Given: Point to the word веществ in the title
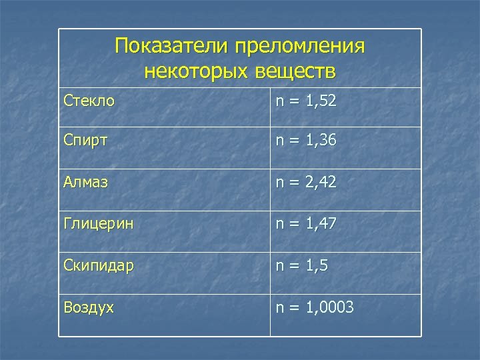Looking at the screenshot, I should (x=294, y=70).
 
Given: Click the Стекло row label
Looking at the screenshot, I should (x=89, y=102).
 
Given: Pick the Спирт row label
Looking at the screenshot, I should (x=85, y=141).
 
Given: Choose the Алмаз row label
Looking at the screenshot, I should (x=85, y=183).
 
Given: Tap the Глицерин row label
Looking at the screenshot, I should (x=98, y=225).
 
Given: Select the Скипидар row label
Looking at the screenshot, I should (x=99, y=265).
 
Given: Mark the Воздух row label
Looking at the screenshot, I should (x=89, y=307).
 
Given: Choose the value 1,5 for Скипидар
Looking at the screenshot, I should (x=316, y=265).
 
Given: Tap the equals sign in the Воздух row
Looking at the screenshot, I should (x=294, y=307).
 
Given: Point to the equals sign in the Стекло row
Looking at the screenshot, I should (x=294, y=102).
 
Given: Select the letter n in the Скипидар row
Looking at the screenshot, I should (x=280, y=266).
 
